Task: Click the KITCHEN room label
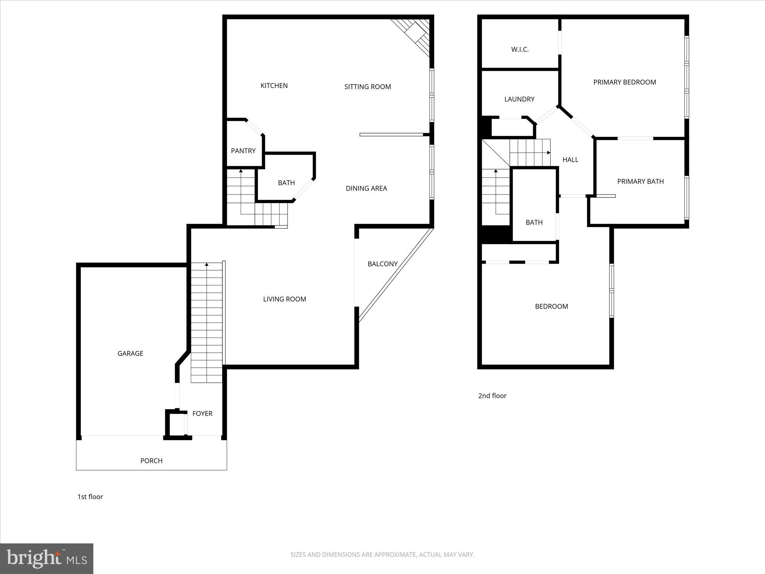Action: click(x=274, y=86)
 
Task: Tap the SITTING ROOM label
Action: click(x=367, y=87)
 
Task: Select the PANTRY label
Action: click(x=243, y=151)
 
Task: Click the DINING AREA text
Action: click(x=366, y=188)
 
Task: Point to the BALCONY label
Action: click(x=382, y=264)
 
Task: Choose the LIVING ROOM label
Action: click(x=284, y=299)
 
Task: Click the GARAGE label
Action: click(x=130, y=354)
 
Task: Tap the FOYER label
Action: click(x=202, y=414)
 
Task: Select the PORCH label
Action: click(x=151, y=461)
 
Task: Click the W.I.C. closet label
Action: click(x=519, y=49)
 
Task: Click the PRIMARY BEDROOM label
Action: click(x=624, y=82)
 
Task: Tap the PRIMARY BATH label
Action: click(x=640, y=181)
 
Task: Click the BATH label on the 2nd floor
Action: click(x=534, y=222)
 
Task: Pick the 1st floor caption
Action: click(x=90, y=497)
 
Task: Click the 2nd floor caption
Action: click(x=492, y=396)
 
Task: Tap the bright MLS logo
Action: click(x=47, y=558)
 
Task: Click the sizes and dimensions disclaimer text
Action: click(x=382, y=554)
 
